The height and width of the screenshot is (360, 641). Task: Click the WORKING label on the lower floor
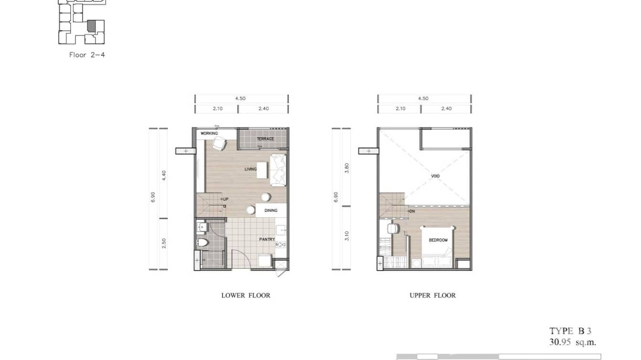(209, 134)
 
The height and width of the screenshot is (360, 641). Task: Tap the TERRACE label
(265, 139)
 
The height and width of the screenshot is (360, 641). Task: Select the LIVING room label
(250, 169)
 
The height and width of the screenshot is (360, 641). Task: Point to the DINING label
(271, 210)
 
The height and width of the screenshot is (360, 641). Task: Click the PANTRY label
(267, 239)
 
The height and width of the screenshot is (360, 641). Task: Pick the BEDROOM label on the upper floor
(438, 240)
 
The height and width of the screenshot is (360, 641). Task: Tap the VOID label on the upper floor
(435, 176)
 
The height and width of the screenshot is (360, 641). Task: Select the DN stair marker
(411, 211)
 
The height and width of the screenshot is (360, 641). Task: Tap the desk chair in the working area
(219, 144)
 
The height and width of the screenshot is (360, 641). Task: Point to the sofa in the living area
(278, 170)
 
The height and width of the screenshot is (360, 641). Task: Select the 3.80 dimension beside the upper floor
(347, 168)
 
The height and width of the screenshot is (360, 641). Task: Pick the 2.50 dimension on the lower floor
(163, 244)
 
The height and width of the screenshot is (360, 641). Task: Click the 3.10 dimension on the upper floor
(347, 236)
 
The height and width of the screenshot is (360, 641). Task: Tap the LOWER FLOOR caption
(246, 296)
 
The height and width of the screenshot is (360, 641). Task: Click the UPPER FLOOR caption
(432, 296)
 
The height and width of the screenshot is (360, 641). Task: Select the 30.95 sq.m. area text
(572, 342)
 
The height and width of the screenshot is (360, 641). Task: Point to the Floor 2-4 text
(87, 55)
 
